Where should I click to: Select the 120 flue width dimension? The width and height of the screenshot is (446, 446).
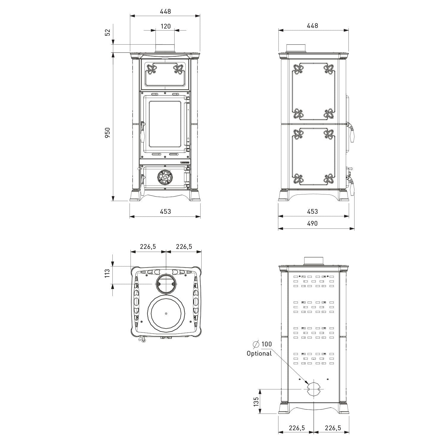tap(166, 26)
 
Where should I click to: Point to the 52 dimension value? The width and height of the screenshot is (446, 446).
tap(108, 32)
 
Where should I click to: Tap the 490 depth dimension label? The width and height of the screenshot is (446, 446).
tap(312, 223)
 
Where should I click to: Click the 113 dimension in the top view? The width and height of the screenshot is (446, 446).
tap(108, 273)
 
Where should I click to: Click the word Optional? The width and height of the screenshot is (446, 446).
tap(259, 354)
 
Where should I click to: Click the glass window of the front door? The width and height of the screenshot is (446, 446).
tap(165, 124)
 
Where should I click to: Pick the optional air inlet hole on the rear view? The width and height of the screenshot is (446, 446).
tap(314, 389)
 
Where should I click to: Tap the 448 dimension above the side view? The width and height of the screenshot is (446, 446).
tap(312, 26)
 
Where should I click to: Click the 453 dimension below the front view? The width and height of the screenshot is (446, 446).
tap(165, 211)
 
